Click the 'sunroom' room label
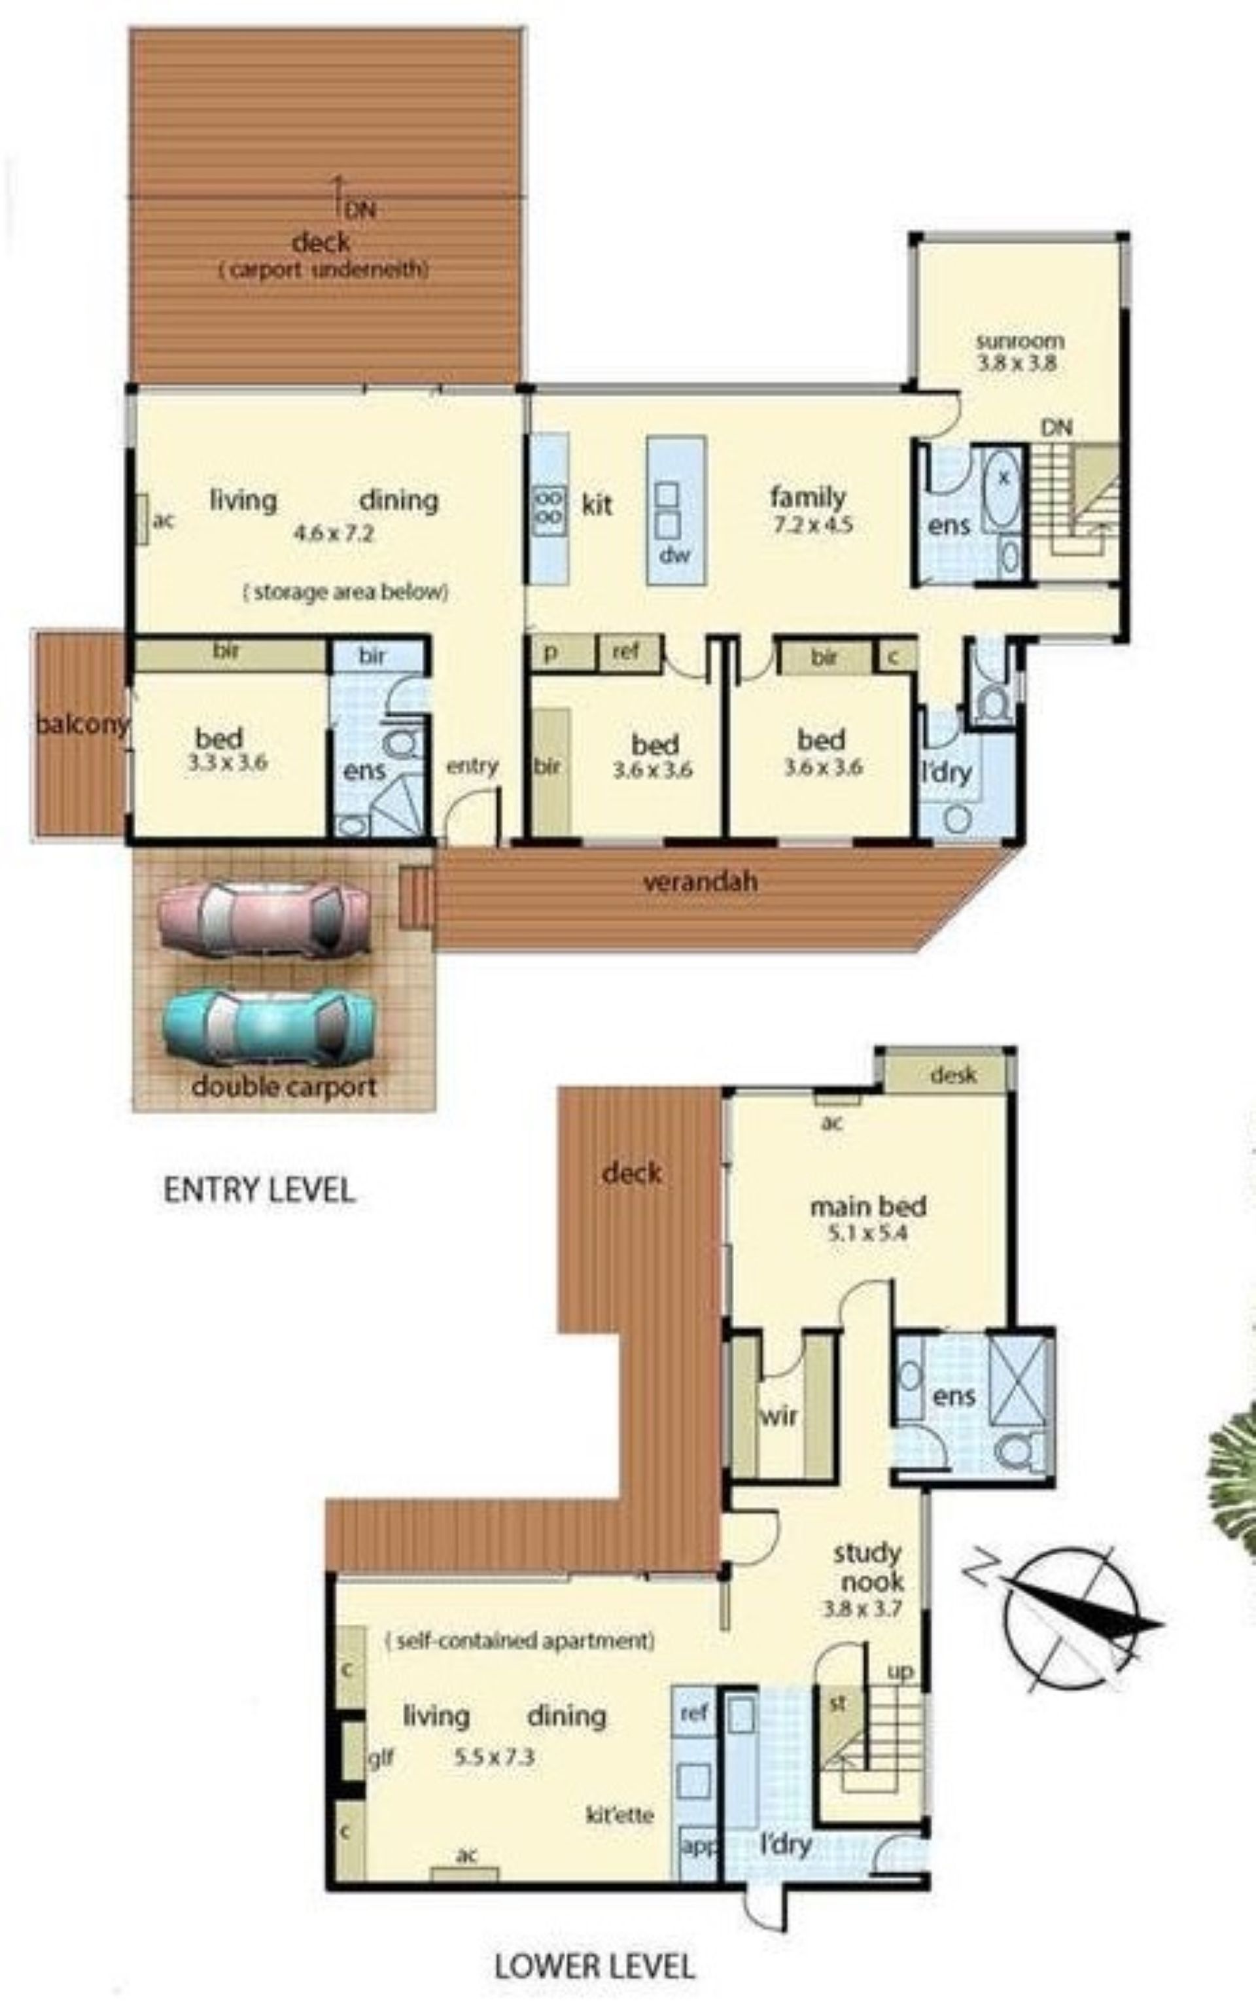pos(1019,342)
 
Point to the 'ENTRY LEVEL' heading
pos(259,1189)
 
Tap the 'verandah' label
pos(700,881)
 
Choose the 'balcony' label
pos(82,724)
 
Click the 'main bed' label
pos(868,1206)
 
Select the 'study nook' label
pos(869,1568)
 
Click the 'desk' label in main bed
pos(954,1075)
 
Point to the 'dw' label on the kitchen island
pos(674,554)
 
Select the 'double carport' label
pos(284,1087)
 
